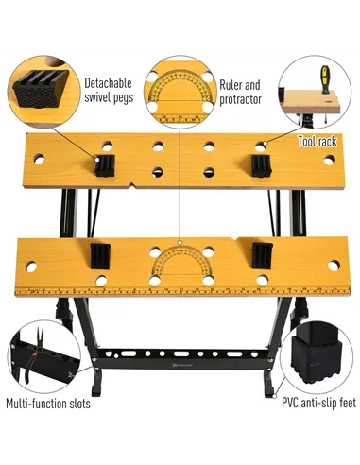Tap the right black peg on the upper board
258,165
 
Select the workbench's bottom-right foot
270,387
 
